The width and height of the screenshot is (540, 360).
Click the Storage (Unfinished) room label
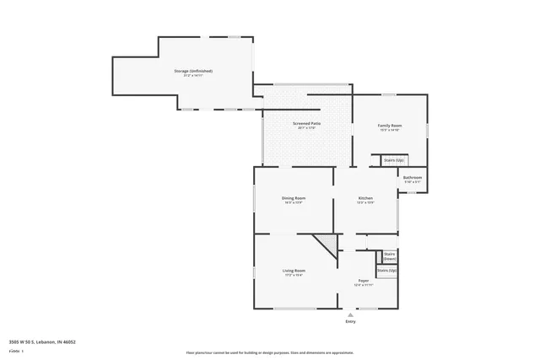click(x=193, y=71)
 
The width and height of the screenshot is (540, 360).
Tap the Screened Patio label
click(x=306, y=123)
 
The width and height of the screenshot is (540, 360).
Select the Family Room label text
click(x=389, y=126)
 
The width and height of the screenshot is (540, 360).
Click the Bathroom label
click(x=412, y=177)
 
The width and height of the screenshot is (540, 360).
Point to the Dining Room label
click(x=293, y=198)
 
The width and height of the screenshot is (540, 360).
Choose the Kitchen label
click(x=364, y=198)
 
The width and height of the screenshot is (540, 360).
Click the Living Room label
click(x=293, y=270)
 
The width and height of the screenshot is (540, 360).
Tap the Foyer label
click(x=364, y=280)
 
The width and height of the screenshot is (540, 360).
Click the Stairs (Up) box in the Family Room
click(x=394, y=159)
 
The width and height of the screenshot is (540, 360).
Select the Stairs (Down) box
click(x=389, y=255)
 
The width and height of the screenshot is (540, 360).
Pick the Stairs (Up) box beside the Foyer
click(x=386, y=271)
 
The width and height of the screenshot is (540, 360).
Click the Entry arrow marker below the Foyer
click(x=350, y=314)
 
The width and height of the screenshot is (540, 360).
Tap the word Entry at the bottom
click(x=350, y=322)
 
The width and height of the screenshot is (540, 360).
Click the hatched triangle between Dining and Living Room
click(x=327, y=247)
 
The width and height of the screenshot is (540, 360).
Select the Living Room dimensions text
click(x=293, y=275)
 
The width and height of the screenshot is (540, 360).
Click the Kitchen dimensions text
click(x=364, y=203)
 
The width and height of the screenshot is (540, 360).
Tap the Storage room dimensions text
click(x=193, y=76)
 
